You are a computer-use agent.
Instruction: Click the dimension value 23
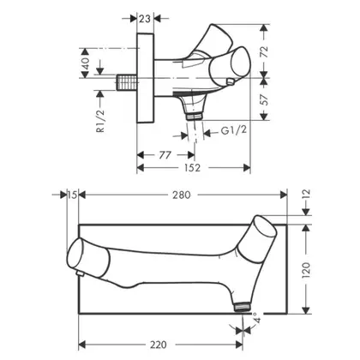point(145,19)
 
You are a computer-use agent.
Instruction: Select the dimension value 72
point(264,51)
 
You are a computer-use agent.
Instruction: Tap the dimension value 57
point(264,99)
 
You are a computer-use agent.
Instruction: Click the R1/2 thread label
point(100,121)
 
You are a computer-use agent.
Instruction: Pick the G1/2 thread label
point(234,130)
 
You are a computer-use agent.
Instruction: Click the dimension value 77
point(165,155)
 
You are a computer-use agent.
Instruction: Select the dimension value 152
point(192,168)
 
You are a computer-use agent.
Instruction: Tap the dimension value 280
point(181,195)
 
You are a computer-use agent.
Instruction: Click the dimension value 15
point(73,195)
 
